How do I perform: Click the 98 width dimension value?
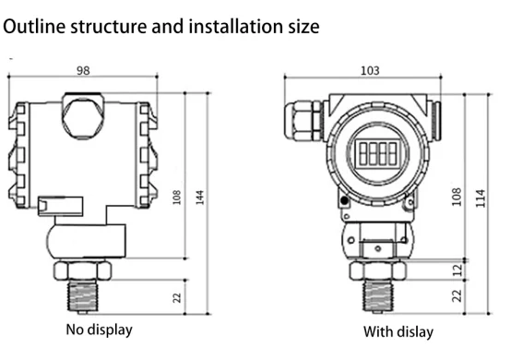coord(83,70)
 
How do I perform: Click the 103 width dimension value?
coord(370,70)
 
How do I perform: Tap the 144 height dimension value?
coord(199,198)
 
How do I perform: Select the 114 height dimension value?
coord(481,198)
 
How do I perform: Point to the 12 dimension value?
coord(458,270)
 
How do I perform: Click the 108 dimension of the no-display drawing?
coord(176,198)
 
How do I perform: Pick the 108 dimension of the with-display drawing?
coord(457,197)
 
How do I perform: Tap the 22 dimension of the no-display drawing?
coord(176,297)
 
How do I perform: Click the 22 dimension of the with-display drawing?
coord(457,295)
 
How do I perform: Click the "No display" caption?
coord(100,330)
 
